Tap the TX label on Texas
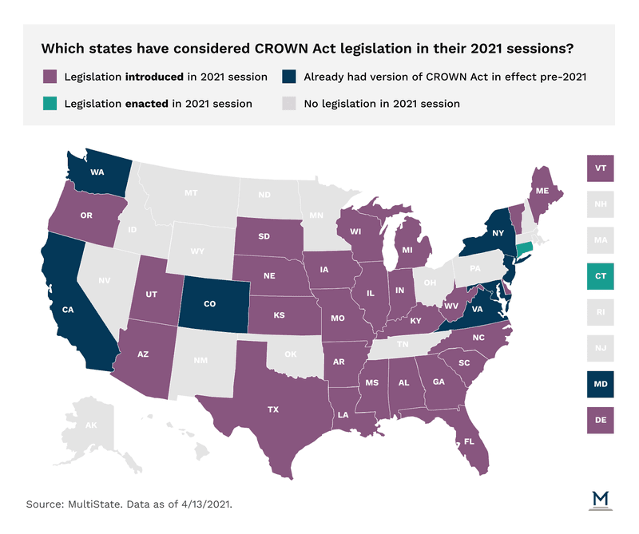pyautogui.click(x=273, y=409)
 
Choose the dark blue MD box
pyautogui.click(x=599, y=384)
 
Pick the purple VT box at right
pyautogui.click(x=599, y=169)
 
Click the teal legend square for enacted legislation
pyautogui.click(x=50, y=103)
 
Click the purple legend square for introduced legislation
pyautogui.click(x=50, y=77)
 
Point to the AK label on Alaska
pyautogui.click(x=91, y=425)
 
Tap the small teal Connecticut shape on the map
pyautogui.click(x=524, y=250)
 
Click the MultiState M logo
pyautogui.click(x=600, y=499)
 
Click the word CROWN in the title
pyautogui.click(x=274, y=48)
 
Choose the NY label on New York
pyautogui.click(x=498, y=234)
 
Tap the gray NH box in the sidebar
pyautogui.click(x=599, y=205)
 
